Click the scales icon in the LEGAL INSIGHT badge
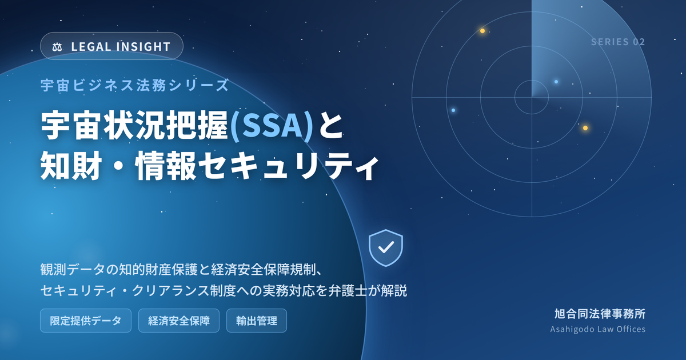[57, 47]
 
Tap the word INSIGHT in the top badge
[143, 47]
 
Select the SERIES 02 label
[618, 42]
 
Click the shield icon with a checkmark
[386, 248]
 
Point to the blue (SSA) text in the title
[272, 126]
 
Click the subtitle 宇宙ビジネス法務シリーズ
[135, 85]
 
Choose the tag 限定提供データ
[86, 321]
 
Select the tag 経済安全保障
[179, 321]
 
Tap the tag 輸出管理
[257, 321]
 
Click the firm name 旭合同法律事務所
[600, 314]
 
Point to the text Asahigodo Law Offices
[598, 329]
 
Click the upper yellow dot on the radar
[482, 31]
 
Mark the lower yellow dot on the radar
[585, 128]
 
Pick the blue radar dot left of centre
[453, 110]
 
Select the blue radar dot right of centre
[556, 82]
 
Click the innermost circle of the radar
[515, 97]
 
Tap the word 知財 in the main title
[71, 166]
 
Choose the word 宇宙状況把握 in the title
[135, 126]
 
